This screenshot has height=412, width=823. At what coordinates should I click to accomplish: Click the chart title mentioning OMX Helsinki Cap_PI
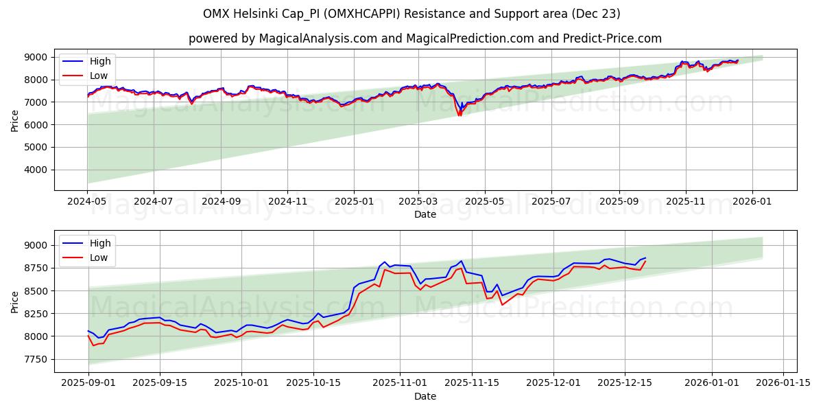coord(411,14)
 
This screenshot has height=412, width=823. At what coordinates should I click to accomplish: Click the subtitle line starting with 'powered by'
coord(425,38)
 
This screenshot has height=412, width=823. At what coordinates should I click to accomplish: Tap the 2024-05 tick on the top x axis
coord(87,203)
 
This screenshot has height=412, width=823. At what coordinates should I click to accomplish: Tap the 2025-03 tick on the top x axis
coord(418,203)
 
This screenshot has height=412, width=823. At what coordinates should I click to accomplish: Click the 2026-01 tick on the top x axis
coord(752,203)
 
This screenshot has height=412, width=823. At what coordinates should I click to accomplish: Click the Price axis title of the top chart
coord(15,120)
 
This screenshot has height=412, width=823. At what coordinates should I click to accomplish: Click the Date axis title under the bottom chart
coord(425,396)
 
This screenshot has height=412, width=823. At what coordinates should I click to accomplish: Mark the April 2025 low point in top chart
coord(460,115)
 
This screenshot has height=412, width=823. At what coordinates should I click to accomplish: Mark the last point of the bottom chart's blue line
coord(645,258)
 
